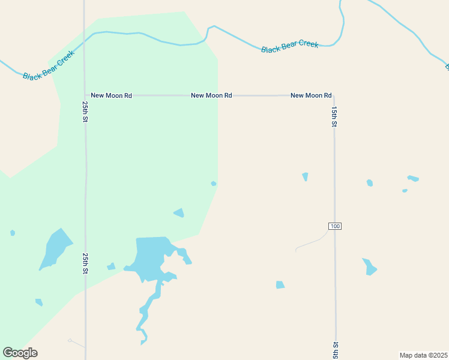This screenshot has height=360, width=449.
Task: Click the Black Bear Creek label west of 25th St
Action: pyautogui.click(x=49, y=65)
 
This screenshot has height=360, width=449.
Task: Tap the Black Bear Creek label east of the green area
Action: pyautogui.click(x=289, y=46)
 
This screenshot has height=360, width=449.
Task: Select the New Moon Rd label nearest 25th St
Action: pyautogui.click(x=111, y=95)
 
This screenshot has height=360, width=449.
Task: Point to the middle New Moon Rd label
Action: pyautogui.click(x=211, y=95)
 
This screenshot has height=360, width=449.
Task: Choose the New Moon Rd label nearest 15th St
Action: pyautogui.click(x=311, y=95)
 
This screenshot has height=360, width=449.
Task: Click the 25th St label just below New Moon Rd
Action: pyautogui.click(x=86, y=112)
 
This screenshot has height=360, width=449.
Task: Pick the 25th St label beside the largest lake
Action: pyautogui.click(x=86, y=264)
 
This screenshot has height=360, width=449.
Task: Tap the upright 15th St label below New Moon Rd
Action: pyautogui.click(x=334, y=116)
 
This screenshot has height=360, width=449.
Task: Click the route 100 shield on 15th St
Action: pyautogui.click(x=335, y=226)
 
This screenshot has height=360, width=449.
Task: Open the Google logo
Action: pyautogui.click(x=20, y=353)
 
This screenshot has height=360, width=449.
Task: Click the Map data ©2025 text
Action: pyautogui.click(x=423, y=355)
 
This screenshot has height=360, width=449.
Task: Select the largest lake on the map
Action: pyautogui.click(x=150, y=255)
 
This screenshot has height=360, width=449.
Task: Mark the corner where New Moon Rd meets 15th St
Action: pyautogui.click(x=334, y=95)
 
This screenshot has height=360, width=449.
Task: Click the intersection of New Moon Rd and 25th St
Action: pyautogui.click(x=85, y=95)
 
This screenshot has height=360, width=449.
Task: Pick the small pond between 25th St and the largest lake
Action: pyautogui.click(x=111, y=266)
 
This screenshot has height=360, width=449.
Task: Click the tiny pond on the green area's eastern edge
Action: pyautogui.click(x=214, y=184)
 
